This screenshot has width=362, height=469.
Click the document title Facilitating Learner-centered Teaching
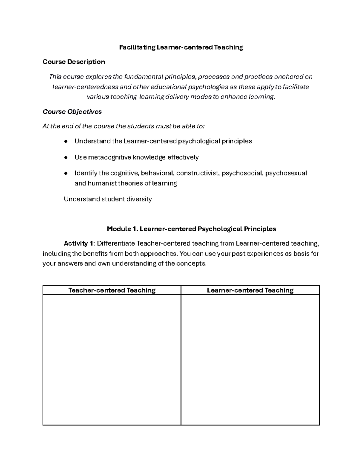click(181, 47)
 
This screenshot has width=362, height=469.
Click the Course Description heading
click(74, 62)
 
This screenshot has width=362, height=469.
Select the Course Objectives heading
click(72, 112)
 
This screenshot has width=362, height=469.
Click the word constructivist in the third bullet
click(198, 173)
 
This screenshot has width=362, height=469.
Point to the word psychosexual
click(286, 173)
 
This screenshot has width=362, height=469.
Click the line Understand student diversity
click(108, 199)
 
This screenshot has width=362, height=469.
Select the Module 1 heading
click(192, 229)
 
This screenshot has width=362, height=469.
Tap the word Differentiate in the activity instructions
click(116, 244)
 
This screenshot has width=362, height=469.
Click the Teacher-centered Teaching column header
click(112, 291)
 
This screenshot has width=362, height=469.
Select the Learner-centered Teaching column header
click(250, 291)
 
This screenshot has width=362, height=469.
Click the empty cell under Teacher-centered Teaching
click(112, 359)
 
